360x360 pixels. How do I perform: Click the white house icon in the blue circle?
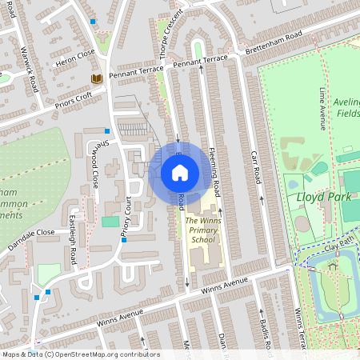[x=180, y=173]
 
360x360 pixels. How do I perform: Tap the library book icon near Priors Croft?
[x=96, y=78]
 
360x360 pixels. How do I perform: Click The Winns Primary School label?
[x=202, y=230]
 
